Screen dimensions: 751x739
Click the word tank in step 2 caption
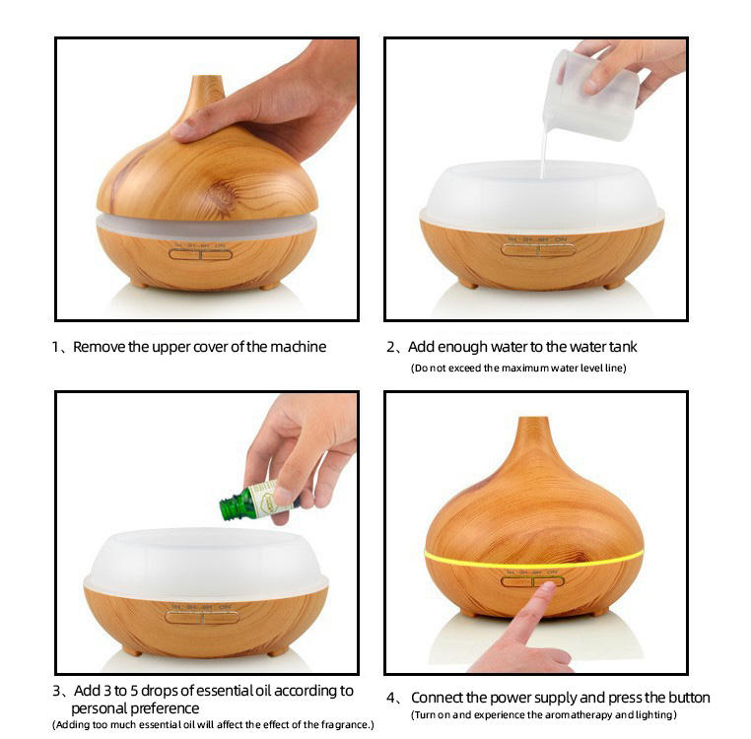pos(623,347)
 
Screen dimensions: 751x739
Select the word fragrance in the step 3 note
pos(345,725)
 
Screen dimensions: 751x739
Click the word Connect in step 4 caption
pos(438,698)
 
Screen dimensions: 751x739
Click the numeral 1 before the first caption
pos(55,347)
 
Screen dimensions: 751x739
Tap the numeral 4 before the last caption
pos(390,698)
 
